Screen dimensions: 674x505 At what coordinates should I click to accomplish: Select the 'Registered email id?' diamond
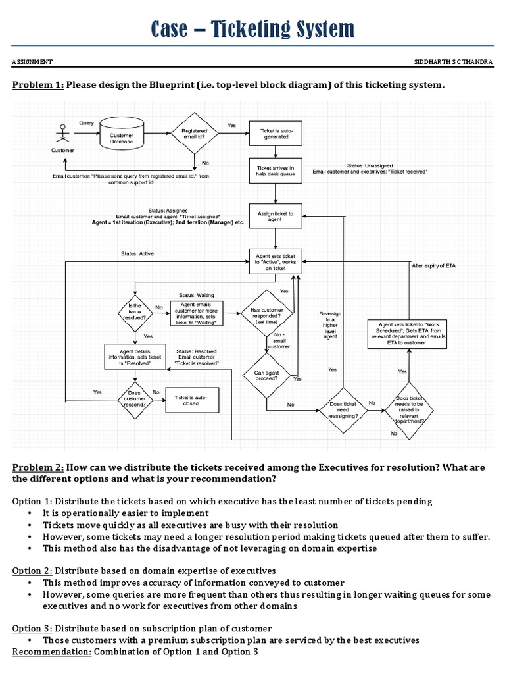pyautogui.click(x=195, y=135)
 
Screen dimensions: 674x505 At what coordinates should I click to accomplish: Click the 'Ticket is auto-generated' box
pyautogui.click(x=275, y=135)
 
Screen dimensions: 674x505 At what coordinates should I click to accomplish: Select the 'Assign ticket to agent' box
pyautogui.click(x=275, y=216)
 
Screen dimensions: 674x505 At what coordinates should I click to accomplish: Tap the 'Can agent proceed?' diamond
pyautogui.click(x=267, y=376)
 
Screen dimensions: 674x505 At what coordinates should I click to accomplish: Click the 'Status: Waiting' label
pyautogui.click(x=197, y=295)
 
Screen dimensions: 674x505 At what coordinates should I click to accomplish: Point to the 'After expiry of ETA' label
pyautogui.click(x=434, y=265)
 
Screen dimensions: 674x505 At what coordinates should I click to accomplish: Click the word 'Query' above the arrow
pyautogui.click(x=86, y=122)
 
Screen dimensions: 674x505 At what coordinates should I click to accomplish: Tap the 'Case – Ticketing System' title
pyautogui.click(x=252, y=28)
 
